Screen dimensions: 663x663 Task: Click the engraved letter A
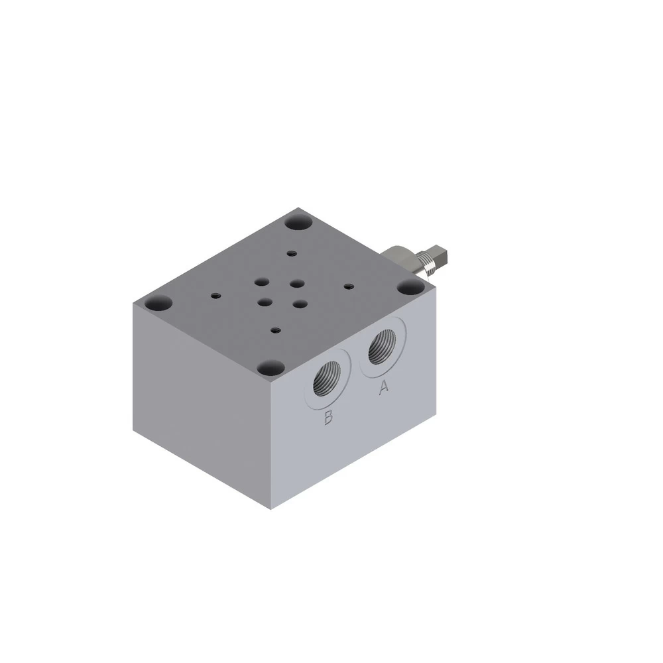[383, 387]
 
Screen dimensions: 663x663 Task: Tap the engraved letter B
[328, 417]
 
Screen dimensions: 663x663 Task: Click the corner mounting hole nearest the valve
[411, 288]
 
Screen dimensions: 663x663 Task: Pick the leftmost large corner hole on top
[158, 304]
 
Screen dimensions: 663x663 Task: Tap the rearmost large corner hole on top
[298, 222]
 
